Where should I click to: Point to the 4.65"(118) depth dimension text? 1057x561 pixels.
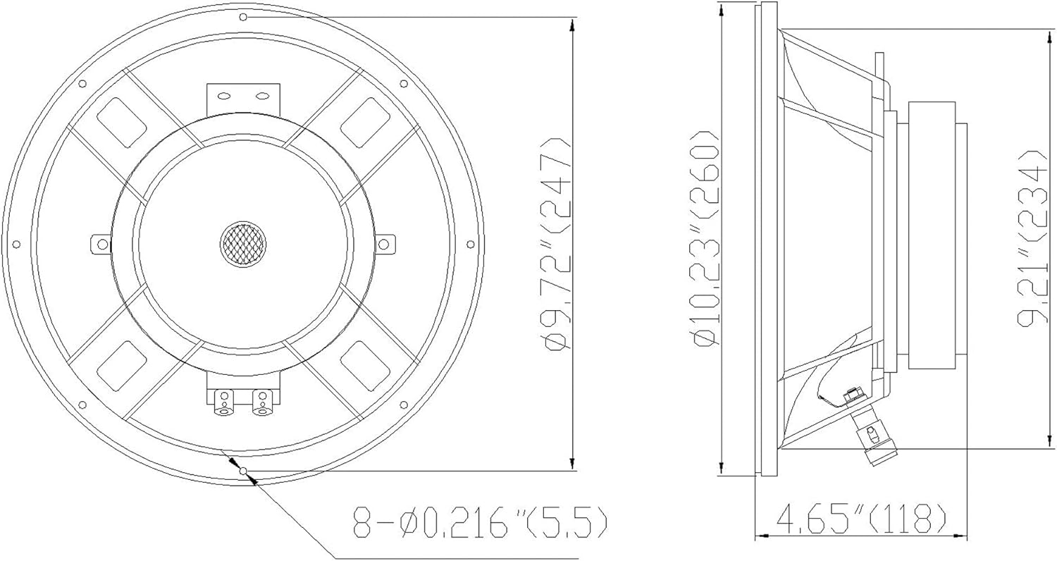click(861, 520)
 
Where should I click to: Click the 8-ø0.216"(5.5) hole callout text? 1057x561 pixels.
click(478, 523)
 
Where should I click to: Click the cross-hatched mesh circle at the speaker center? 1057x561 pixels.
click(243, 244)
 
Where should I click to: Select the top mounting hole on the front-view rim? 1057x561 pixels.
click(243, 16)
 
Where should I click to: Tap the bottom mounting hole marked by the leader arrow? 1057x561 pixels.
click(243, 471)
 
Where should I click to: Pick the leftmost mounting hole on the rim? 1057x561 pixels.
click(16, 244)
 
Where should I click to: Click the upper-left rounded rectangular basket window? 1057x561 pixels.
click(121, 121)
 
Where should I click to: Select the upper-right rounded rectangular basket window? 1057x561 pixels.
click(365, 121)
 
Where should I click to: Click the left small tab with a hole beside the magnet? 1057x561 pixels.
click(101, 245)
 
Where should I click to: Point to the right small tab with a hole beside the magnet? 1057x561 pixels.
click(384, 245)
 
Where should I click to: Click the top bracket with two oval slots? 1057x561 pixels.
click(243, 97)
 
